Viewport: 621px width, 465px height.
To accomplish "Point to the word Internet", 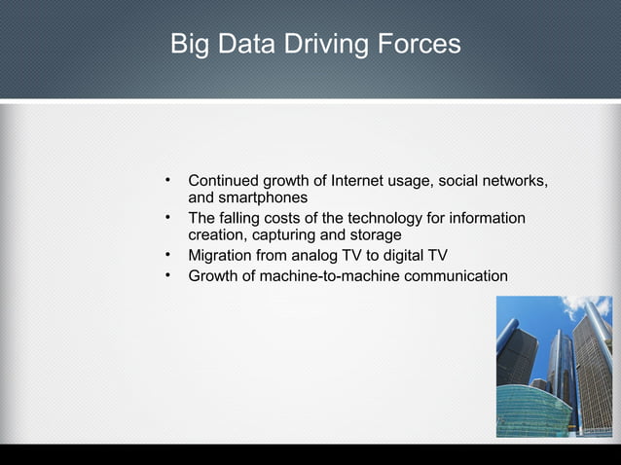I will click(x=362, y=181).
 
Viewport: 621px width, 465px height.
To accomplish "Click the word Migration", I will click(x=223, y=256).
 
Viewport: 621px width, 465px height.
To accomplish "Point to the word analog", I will click(x=326, y=256).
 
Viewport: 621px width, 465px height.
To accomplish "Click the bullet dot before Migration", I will click(x=168, y=256).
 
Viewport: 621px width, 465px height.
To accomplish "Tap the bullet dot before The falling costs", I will click(x=168, y=218).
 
